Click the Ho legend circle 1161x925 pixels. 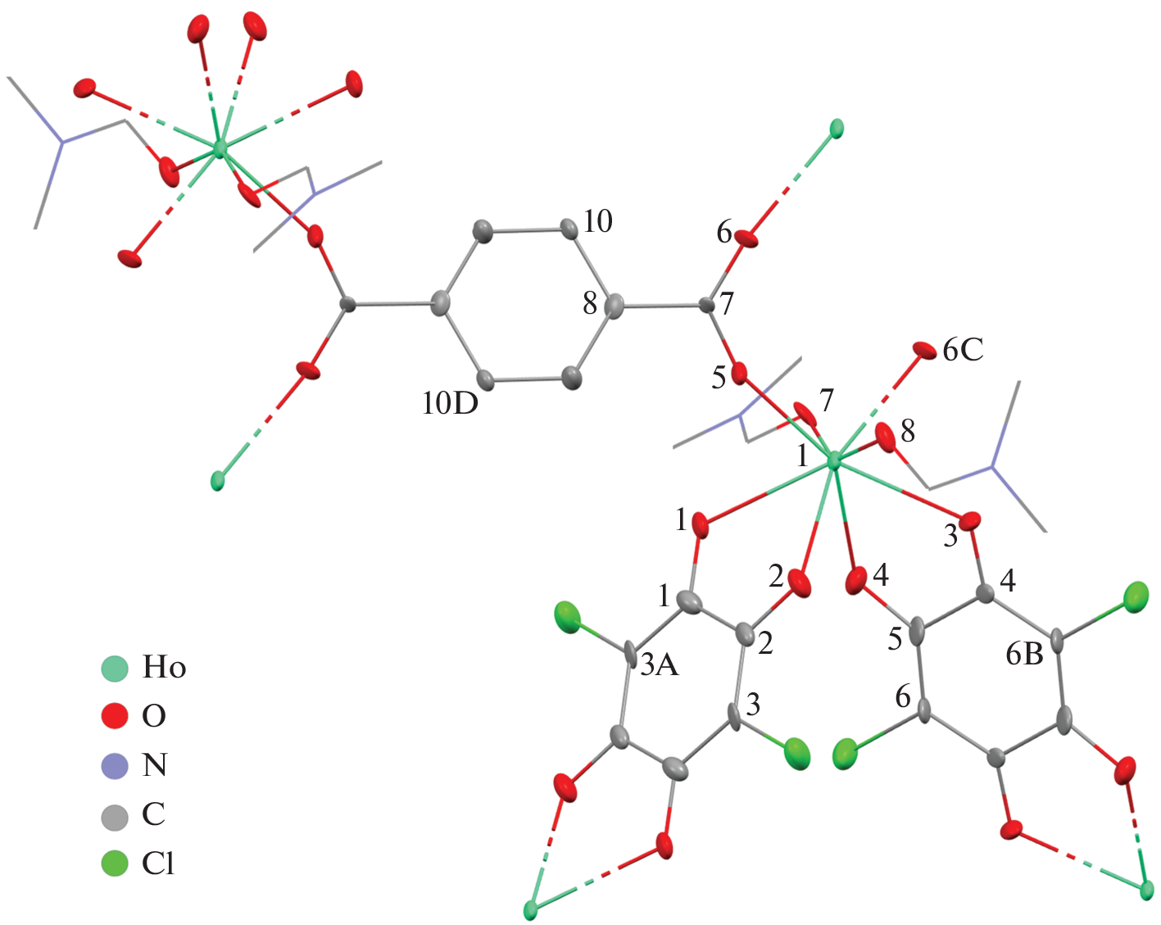[115, 668]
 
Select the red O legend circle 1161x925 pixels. [115, 716]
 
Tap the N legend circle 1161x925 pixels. [115, 765]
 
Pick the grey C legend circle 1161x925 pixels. [115, 815]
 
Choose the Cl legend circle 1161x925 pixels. [115, 864]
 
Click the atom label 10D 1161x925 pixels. [450, 403]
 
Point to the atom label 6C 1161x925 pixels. [963, 351]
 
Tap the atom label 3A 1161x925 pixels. [660, 665]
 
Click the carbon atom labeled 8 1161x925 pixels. [613, 307]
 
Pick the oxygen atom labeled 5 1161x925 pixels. [739, 374]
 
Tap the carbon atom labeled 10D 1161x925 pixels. [486, 380]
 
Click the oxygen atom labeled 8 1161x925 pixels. [885, 434]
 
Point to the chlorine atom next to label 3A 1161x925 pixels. [567, 618]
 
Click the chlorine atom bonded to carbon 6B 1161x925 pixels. [1136, 596]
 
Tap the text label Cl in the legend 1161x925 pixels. [158, 864]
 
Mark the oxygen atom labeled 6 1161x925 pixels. [746, 238]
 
